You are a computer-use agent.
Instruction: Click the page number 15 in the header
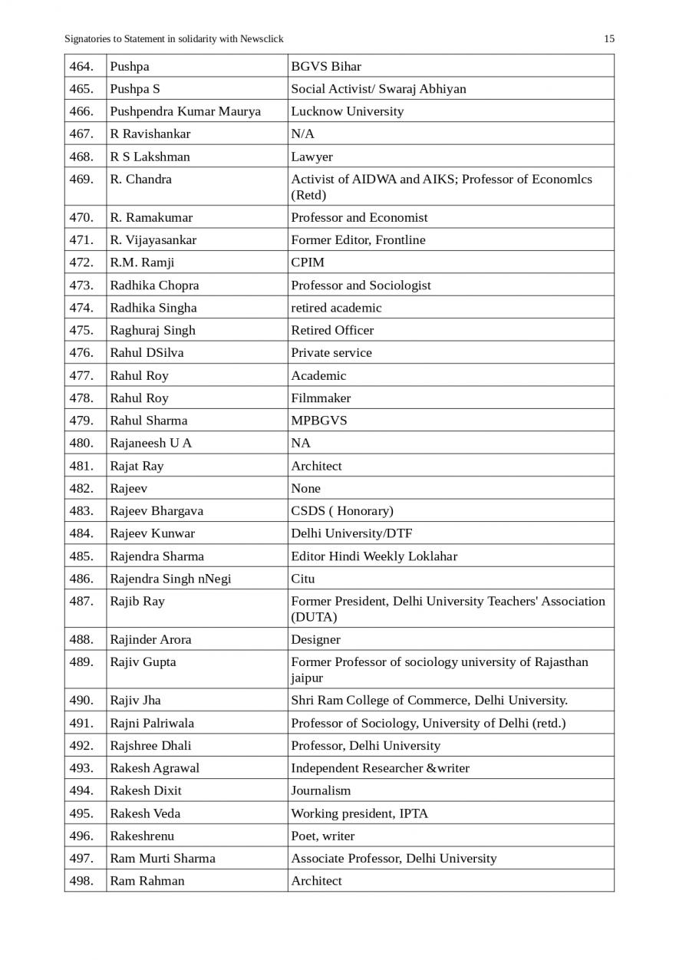pos(609,38)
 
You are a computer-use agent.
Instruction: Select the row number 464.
pos(81,66)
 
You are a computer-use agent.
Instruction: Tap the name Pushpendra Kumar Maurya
pos(185,111)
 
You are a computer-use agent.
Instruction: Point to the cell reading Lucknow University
pos(347,111)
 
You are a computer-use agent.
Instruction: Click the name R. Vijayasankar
pos(153,239)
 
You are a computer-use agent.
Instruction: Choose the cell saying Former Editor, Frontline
pos(358,239)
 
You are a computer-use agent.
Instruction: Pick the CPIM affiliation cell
pos(308,262)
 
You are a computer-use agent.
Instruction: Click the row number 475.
pos(81,330)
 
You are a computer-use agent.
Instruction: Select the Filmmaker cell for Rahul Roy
pos(321,398)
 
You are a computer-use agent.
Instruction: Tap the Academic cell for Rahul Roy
pos(318,375)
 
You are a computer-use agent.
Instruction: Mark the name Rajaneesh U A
pos(151,443)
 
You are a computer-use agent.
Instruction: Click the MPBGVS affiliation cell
pos(318,421)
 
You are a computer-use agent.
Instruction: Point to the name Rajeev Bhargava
pos(157,510)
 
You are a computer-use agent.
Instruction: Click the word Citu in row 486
pos(302,579)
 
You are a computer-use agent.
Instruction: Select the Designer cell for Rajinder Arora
pos(315,639)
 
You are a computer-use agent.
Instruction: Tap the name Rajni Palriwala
pos(152,723)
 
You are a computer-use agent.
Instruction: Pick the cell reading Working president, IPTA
pos(359,813)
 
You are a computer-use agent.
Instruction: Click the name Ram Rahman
pos(147,880)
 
